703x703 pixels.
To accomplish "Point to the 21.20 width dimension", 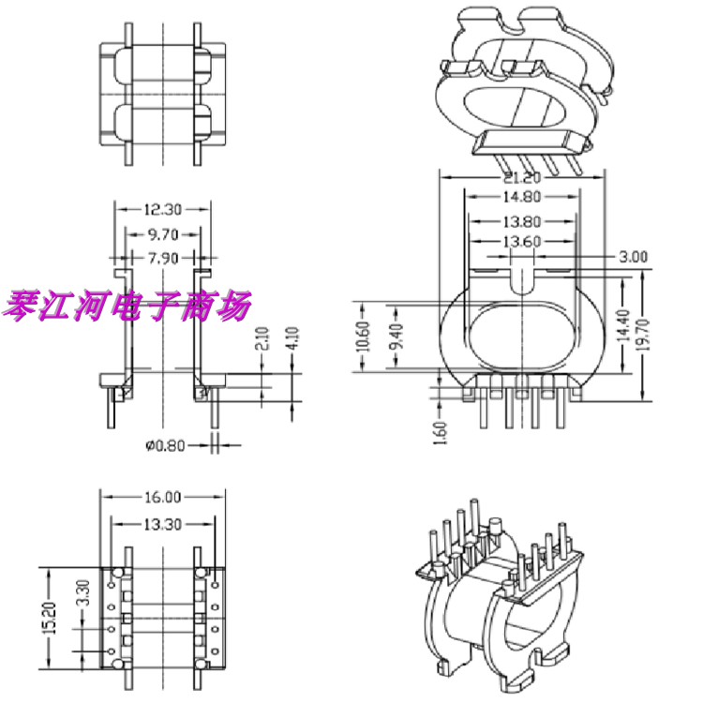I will (x=523, y=178).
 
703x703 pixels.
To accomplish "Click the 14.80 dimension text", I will (x=523, y=198).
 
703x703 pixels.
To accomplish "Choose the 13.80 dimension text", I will (x=523, y=222).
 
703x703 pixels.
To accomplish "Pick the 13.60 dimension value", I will (x=523, y=243).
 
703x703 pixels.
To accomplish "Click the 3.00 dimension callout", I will (x=634, y=256).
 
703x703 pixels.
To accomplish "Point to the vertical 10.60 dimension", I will (x=365, y=337).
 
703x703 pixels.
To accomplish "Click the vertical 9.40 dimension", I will (x=394, y=337).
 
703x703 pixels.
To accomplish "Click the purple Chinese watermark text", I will (x=128, y=305).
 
